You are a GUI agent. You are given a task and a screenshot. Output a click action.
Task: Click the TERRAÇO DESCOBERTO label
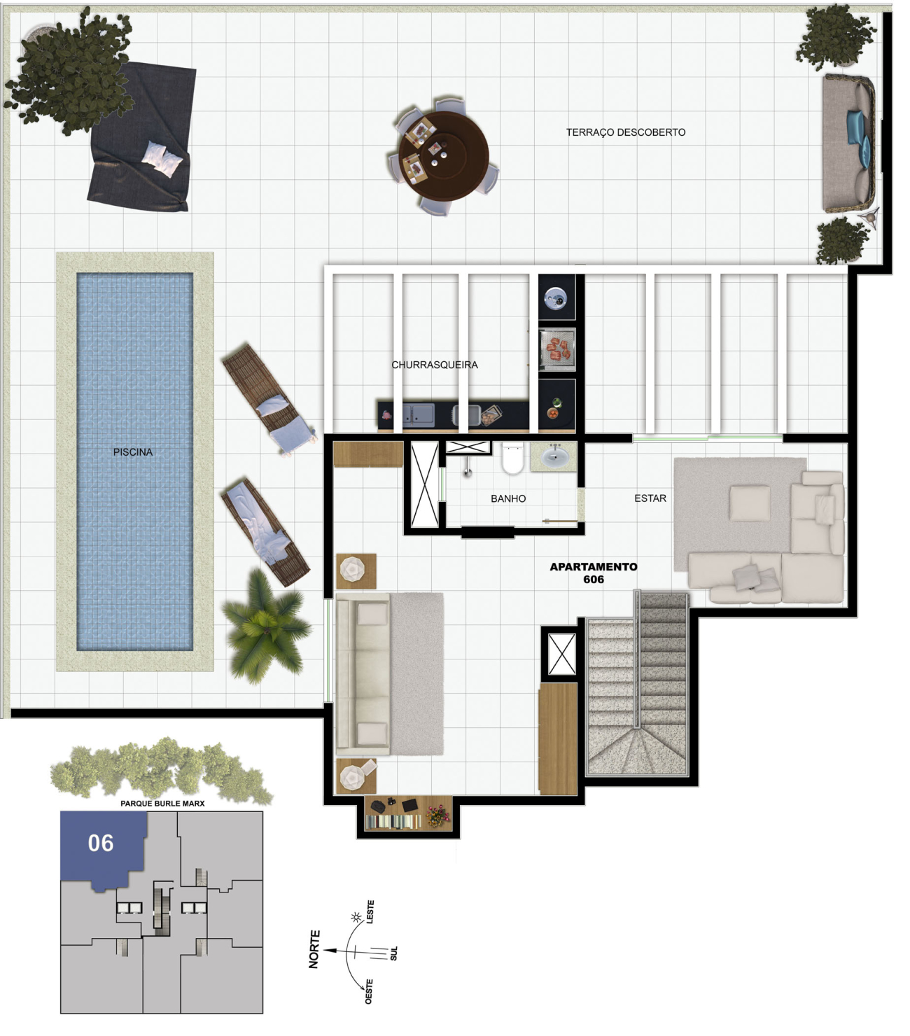625,132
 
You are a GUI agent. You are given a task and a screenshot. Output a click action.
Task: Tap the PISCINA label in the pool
133,452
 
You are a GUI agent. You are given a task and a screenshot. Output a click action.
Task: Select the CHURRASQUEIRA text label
434,365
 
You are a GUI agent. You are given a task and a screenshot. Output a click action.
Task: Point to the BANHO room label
508,498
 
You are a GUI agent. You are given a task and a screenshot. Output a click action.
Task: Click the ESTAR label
650,498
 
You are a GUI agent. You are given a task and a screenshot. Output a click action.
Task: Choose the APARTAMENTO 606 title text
594,573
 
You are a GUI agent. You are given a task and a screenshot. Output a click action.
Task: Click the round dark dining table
444,156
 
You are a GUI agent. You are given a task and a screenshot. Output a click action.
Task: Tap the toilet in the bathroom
512,458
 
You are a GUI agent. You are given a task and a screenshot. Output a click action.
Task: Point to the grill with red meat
557,350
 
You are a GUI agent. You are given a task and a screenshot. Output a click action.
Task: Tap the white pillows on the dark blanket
162,159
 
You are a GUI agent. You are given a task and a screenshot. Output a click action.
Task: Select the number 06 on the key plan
101,843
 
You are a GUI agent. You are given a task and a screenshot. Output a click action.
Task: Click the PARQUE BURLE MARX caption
162,804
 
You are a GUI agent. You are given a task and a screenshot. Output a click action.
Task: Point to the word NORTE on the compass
314,949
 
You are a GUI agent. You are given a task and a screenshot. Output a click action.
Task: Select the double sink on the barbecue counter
419,414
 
